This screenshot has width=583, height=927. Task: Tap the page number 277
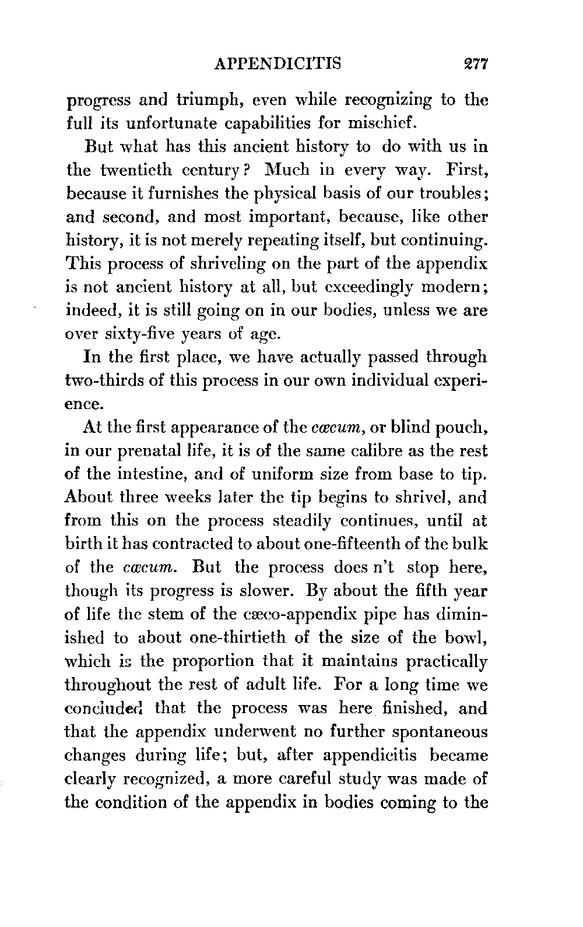point(472,63)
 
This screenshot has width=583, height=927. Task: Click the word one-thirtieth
point(238,637)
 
